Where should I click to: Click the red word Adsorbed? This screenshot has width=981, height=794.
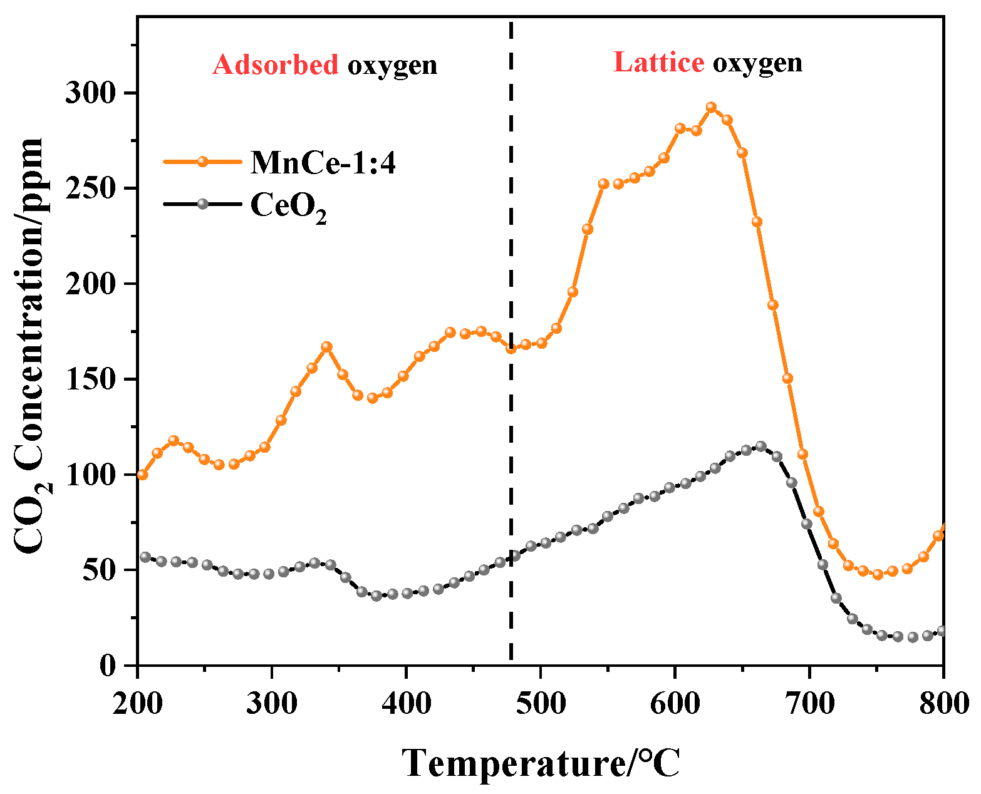tap(275, 64)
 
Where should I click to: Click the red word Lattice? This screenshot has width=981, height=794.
tap(658, 63)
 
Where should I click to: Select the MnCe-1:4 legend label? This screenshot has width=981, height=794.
tap(323, 163)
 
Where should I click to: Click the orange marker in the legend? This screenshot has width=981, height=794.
tap(202, 162)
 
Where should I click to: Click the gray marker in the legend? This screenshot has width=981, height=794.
tap(202, 204)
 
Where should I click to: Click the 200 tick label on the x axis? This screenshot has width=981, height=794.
tap(137, 703)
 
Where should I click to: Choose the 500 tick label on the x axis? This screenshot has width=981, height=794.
tap(540, 703)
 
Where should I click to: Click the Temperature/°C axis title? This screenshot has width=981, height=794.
tap(540, 763)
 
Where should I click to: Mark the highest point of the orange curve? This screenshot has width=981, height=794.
tap(711, 107)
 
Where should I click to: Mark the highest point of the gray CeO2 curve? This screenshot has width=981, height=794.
tap(760, 446)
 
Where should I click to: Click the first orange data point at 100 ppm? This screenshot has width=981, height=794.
tap(142, 475)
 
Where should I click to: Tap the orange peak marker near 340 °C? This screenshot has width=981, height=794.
tap(326, 347)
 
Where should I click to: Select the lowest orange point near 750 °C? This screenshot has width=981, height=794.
tap(878, 574)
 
